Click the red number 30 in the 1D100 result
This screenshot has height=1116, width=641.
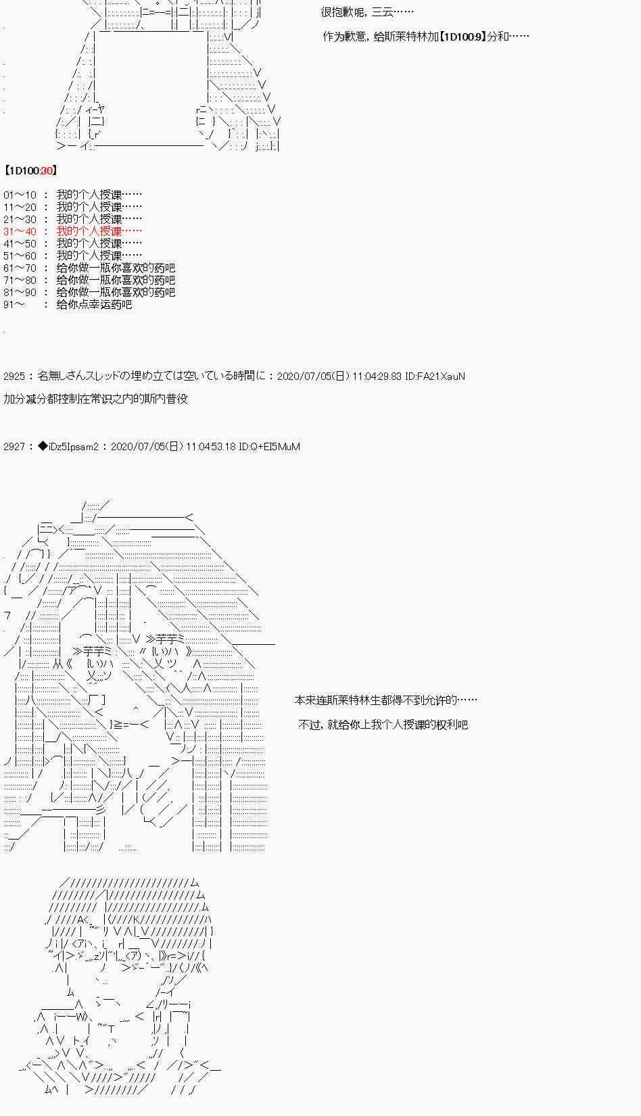[46, 171]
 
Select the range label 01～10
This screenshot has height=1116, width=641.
[20, 195]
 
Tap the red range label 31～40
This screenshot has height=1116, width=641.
[20, 232]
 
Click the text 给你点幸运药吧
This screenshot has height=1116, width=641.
[94, 305]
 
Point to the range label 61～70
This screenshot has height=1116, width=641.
[20, 268]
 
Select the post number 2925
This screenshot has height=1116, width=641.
[14, 377]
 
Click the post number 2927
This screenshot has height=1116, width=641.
[14, 447]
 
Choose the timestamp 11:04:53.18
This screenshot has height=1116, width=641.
[210, 447]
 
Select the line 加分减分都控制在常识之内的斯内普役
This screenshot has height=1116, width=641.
[95, 399]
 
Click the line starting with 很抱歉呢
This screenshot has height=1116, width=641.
[367, 12]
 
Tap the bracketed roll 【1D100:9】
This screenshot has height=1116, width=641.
[462, 37]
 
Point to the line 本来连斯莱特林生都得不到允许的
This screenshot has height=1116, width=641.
[385, 700]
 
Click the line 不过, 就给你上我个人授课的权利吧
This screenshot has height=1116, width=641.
[383, 725]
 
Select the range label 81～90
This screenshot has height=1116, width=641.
[20, 293]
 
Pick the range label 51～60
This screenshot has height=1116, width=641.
[20, 256]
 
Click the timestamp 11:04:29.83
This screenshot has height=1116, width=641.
[377, 377]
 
